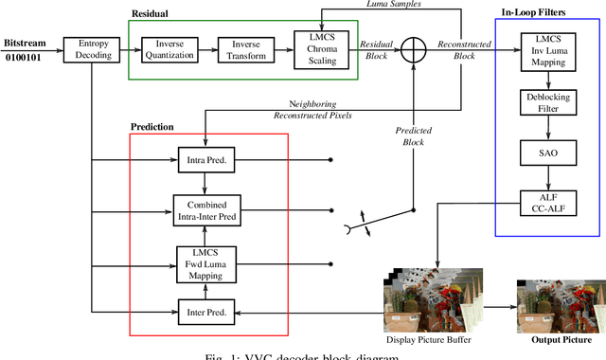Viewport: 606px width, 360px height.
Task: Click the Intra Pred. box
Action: tap(205, 160)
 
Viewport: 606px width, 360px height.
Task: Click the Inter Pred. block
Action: tap(205, 310)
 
